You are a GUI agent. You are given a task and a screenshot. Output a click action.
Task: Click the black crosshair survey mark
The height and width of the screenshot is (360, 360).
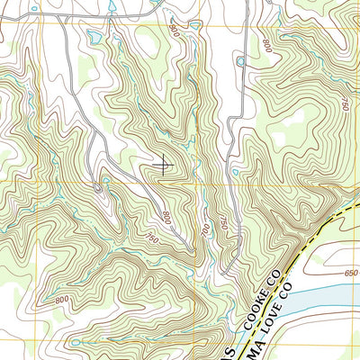click(x=164, y=164)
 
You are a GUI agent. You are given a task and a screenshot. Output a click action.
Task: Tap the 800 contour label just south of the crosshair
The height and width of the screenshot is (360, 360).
click(x=166, y=216)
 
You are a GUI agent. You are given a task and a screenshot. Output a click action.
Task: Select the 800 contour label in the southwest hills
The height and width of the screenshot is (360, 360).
click(x=62, y=299)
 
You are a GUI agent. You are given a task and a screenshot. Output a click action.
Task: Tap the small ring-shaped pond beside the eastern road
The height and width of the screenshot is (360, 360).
click(x=240, y=61)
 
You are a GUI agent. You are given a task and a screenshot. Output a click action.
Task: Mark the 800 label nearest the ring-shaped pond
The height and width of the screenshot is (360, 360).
click(x=267, y=42)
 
